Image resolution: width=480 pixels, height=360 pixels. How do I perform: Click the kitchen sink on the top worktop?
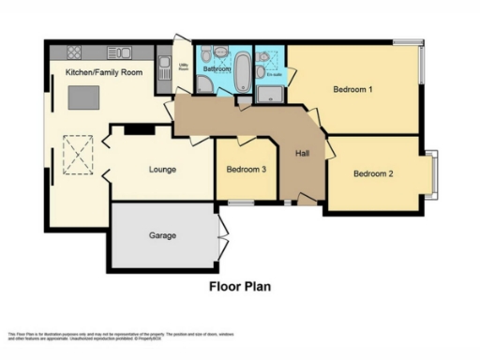point(119,52)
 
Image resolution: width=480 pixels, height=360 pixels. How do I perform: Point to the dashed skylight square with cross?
point(79,152)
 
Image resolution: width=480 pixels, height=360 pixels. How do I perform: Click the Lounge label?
point(162,170)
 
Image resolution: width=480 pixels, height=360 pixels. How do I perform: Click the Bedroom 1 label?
point(352,90)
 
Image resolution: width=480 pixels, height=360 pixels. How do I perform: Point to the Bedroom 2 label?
point(372,173)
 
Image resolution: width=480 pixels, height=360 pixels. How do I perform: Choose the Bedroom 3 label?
point(246,170)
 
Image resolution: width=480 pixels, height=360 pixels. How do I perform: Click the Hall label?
point(302,154)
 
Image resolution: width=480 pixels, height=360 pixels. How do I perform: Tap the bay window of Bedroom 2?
point(433,174)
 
